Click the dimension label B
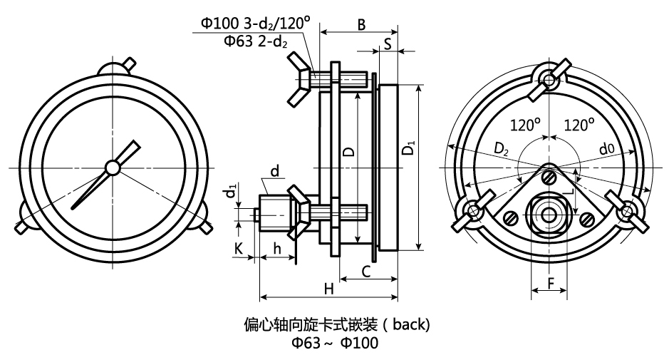361,24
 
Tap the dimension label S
387,43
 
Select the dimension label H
328,288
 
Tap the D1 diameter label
409,150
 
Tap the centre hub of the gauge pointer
112,167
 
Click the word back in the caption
409,325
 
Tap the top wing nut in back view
549,78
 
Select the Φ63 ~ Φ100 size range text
334,343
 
